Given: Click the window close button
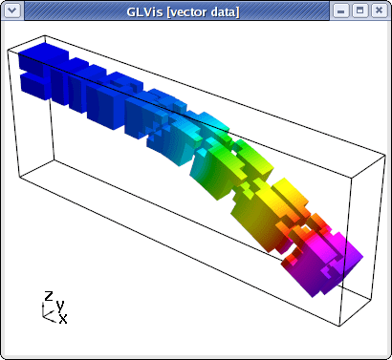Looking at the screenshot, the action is pyautogui.click(x=379, y=11).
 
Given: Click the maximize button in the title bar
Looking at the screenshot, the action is pyautogui.click(x=359, y=11).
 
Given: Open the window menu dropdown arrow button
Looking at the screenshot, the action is pyautogui.click(x=12, y=11).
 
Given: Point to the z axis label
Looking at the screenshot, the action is pyautogui.click(x=49, y=296).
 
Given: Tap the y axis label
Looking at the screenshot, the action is pyautogui.click(x=60, y=307).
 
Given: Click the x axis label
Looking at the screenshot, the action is pyautogui.click(x=63, y=318).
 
